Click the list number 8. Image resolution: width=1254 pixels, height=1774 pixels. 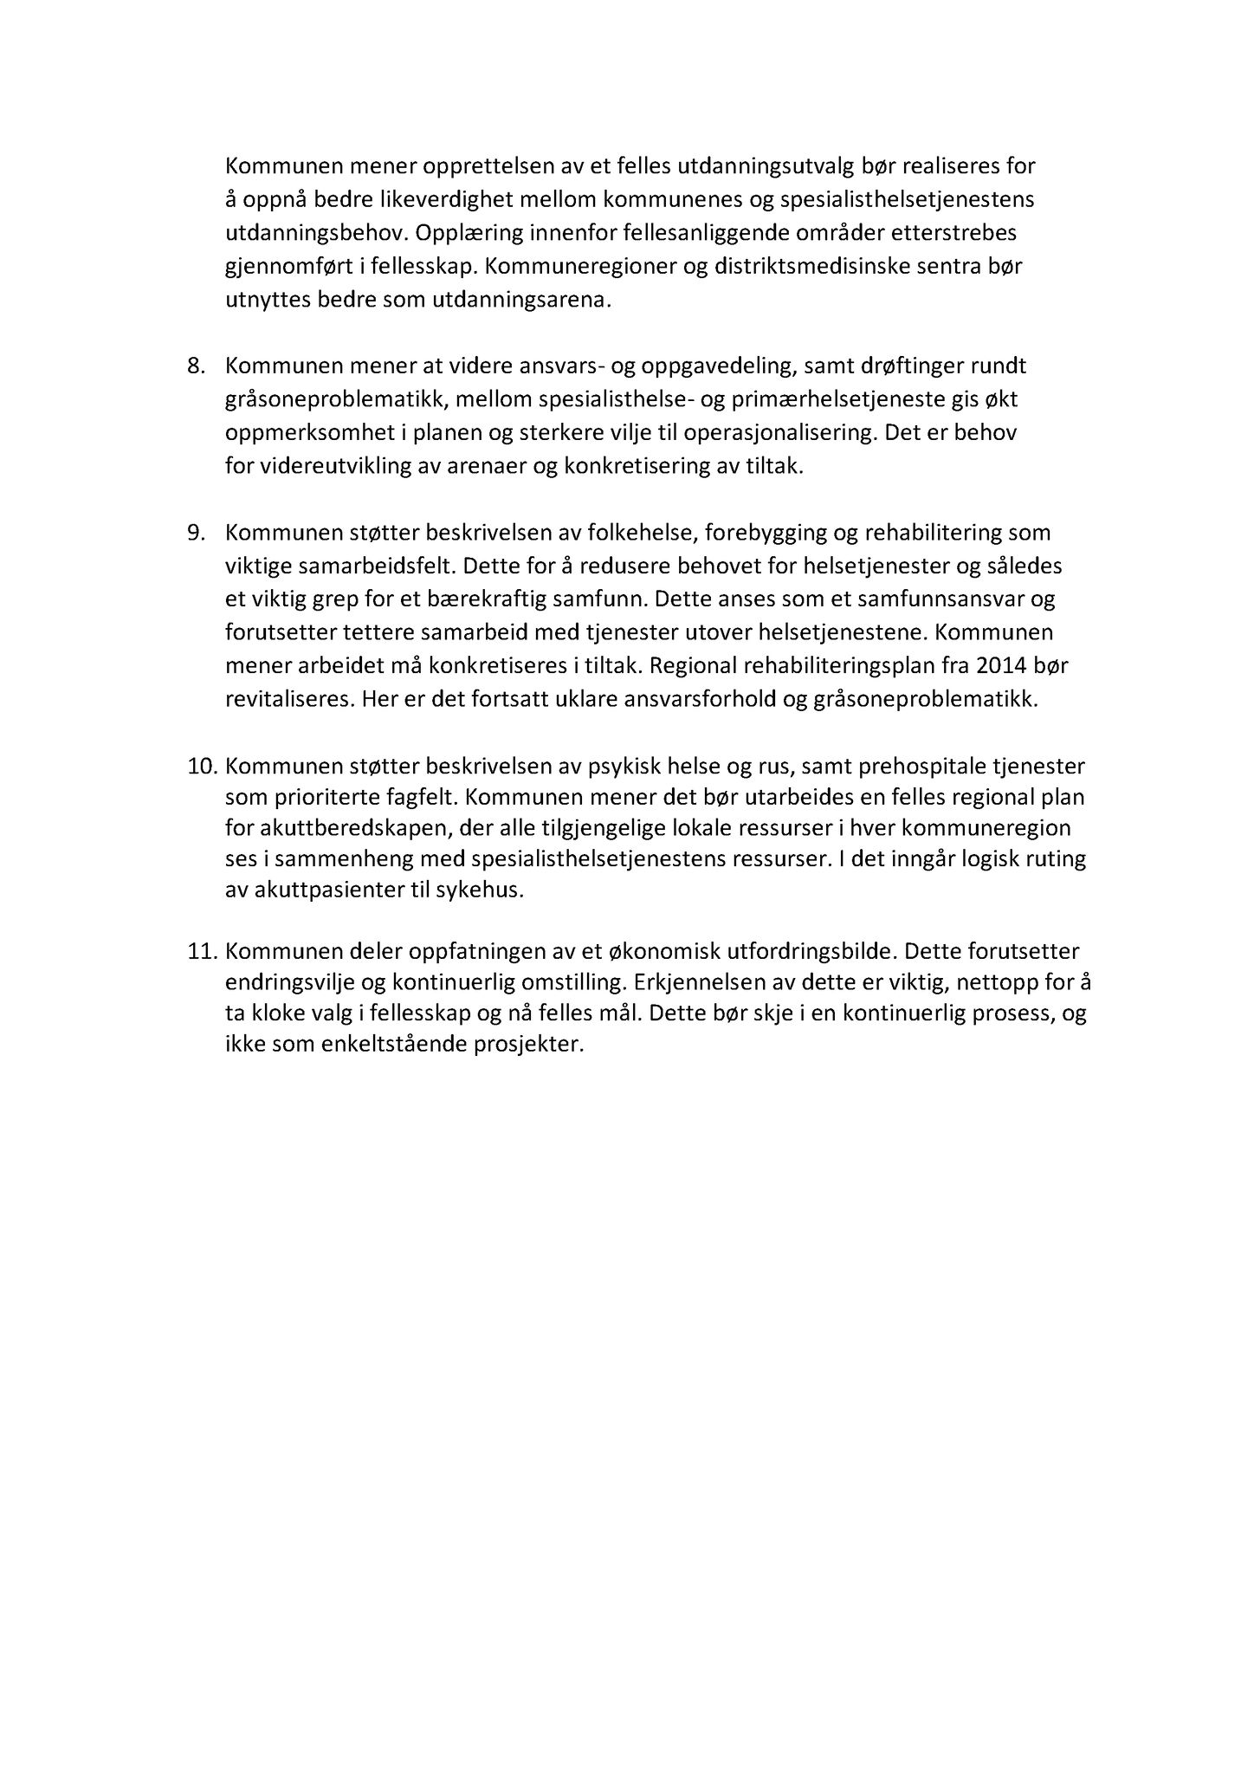click(x=197, y=366)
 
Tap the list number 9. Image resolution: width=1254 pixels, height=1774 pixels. click(x=197, y=533)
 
